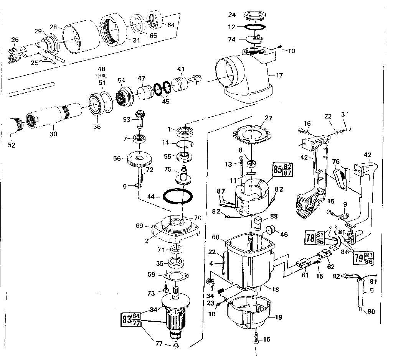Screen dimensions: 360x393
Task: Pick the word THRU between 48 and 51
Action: [101, 76]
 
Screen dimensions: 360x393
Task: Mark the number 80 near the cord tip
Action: [371, 312]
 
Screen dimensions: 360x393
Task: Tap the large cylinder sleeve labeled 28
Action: [79, 38]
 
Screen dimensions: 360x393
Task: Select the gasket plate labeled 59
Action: [175, 275]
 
